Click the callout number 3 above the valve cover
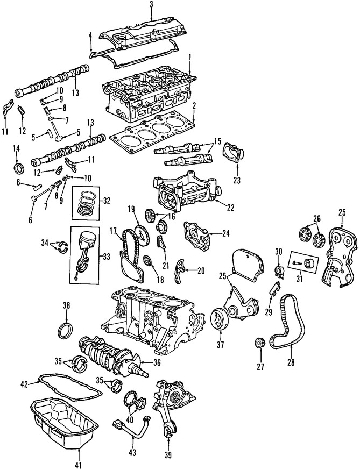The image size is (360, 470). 151,4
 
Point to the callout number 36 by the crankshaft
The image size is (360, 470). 157,362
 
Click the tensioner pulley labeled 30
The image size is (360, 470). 278,269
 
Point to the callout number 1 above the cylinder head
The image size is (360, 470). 189,57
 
